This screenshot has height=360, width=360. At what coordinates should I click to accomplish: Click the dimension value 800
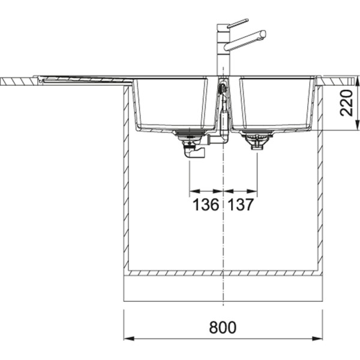point(223,328)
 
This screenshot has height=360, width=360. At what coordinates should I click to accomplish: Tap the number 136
point(205,206)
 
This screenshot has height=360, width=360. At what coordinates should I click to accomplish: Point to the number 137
point(241,206)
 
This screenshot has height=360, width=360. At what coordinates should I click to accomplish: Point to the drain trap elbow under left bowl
point(194,154)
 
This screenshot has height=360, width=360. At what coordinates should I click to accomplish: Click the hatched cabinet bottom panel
point(223,273)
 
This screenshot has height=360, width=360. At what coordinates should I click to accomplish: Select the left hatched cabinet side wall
point(127,180)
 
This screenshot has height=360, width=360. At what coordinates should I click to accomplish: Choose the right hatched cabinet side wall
point(320,180)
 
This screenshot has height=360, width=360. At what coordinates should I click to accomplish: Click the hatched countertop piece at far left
point(18,80)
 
